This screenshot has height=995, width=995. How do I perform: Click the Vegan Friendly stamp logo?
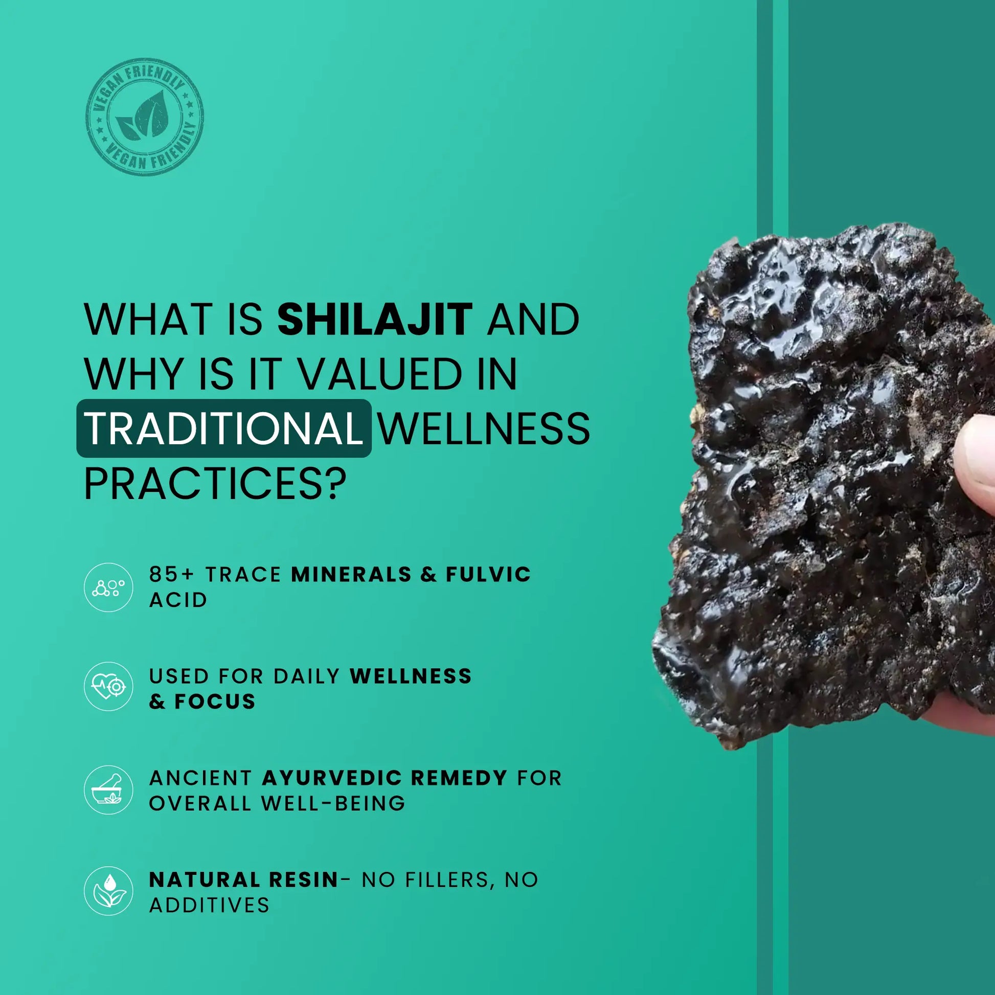tap(145, 117)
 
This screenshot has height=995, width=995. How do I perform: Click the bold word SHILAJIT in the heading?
tap(375, 319)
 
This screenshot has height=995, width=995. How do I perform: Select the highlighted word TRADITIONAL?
tap(224, 428)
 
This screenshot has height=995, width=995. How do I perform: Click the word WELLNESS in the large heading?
tap(485, 428)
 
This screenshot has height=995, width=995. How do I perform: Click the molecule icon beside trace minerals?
tap(109, 587)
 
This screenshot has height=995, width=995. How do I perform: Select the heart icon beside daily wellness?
tap(109, 687)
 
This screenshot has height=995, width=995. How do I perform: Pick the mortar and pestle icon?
tap(109, 789)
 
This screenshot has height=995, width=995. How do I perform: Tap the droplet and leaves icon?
tap(109, 891)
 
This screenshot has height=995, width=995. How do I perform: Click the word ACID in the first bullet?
tap(178, 600)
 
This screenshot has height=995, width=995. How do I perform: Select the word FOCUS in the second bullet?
tap(215, 702)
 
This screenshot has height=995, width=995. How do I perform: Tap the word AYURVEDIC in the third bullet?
tap(332, 778)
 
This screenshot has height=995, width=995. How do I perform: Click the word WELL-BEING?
tap(333, 803)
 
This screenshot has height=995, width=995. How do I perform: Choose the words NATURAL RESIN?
tap(243, 879)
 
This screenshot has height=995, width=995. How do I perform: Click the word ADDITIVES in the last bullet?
tap(209, 905)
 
